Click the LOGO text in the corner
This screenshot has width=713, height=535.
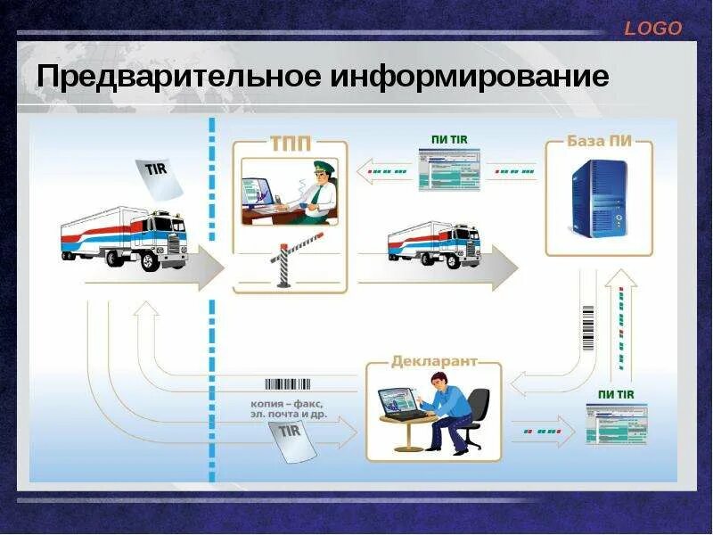pos(652,29)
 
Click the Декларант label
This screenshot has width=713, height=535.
pos(434,362)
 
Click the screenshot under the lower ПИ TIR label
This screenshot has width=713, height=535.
pos(616,423)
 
